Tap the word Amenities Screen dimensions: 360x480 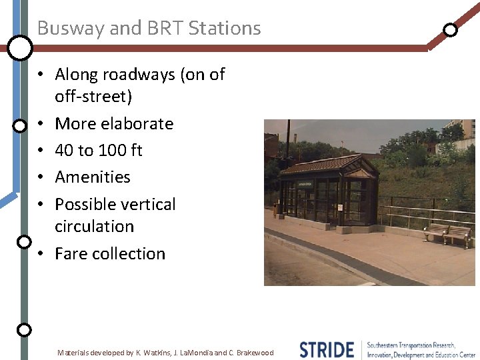click(x=93, y=177)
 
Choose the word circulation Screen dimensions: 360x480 click(x=94, y=227)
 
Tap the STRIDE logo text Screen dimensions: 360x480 click(x=326, y=349)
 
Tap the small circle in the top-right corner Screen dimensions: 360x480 click(x=451, y=29)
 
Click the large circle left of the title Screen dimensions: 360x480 click(x=20, y=47)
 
